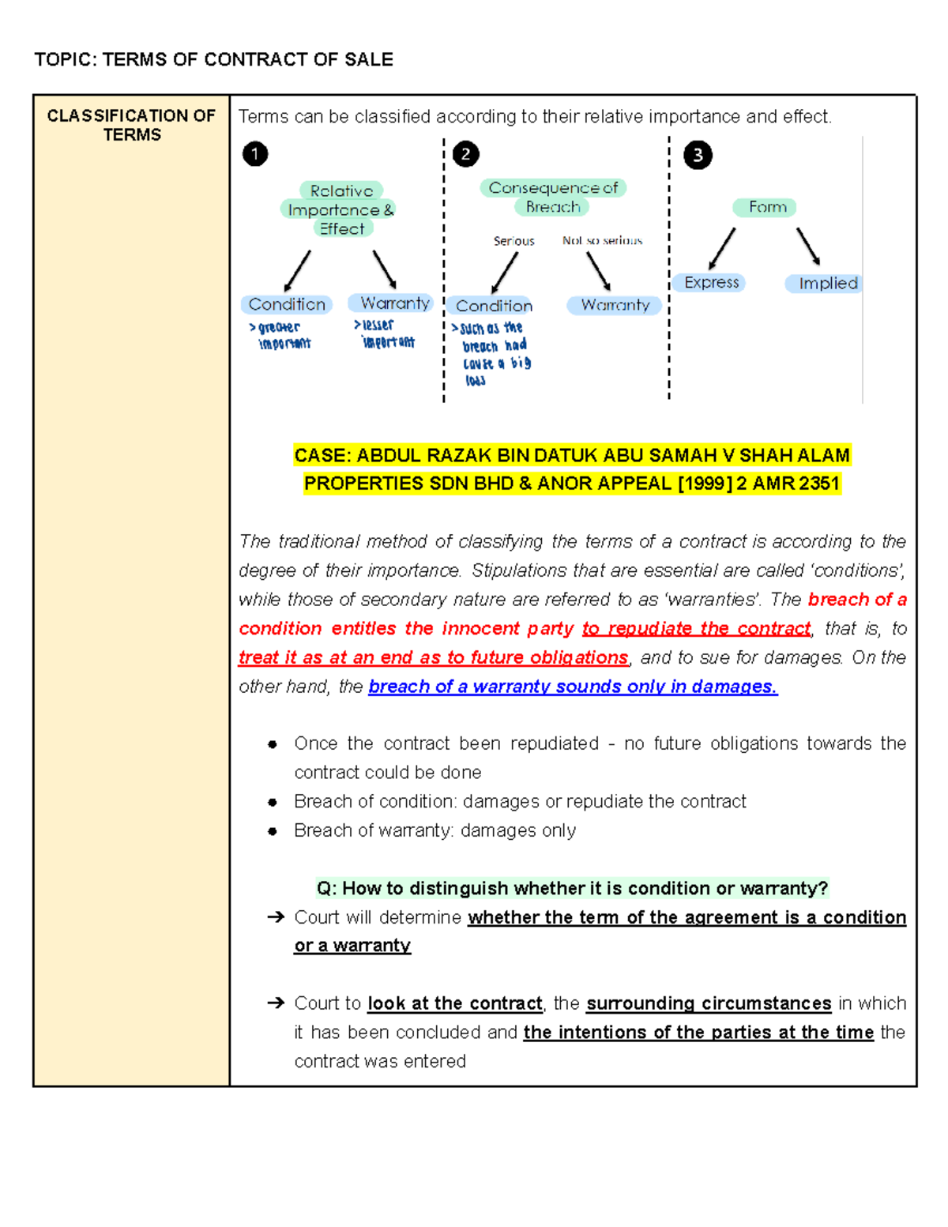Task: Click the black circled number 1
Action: pos(254,153)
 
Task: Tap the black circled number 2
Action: pos(465,154)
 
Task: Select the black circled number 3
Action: pos(698,155)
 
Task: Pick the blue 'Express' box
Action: pos(709,283)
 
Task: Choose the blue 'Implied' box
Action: pos(825,284)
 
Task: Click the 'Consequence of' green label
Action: pos(553,188)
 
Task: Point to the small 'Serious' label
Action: pos(513,241)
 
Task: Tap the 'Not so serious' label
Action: pos(602,240)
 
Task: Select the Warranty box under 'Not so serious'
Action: pos(615,305)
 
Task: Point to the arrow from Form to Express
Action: pos(722,249)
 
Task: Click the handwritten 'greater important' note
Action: pos(280,335)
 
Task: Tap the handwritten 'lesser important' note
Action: pos(386,333)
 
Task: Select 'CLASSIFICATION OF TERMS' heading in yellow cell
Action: pos(131,125)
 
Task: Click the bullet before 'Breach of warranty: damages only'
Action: pos(273,831)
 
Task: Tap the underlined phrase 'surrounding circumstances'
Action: pos(708,1003)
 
